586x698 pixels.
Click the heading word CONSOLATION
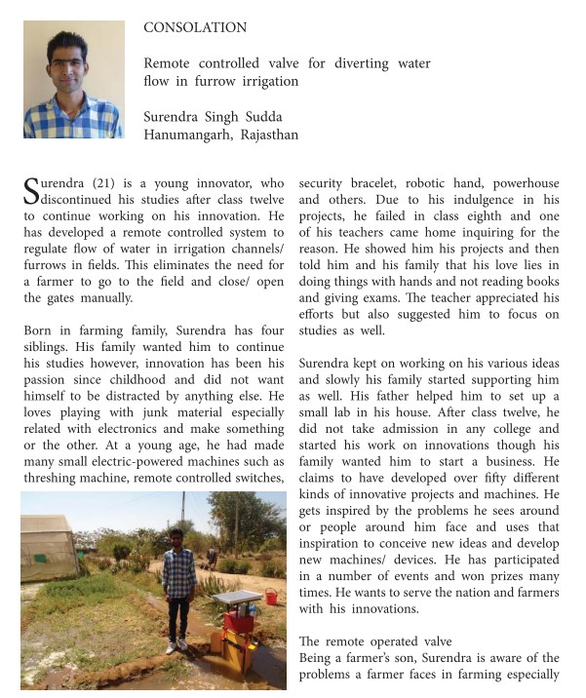coord(195,28)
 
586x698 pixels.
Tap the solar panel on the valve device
coord(238,598)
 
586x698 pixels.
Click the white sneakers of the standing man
coord(176,645)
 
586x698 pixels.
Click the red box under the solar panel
coord(239,618)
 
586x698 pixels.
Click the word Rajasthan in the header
coord(265,135)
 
